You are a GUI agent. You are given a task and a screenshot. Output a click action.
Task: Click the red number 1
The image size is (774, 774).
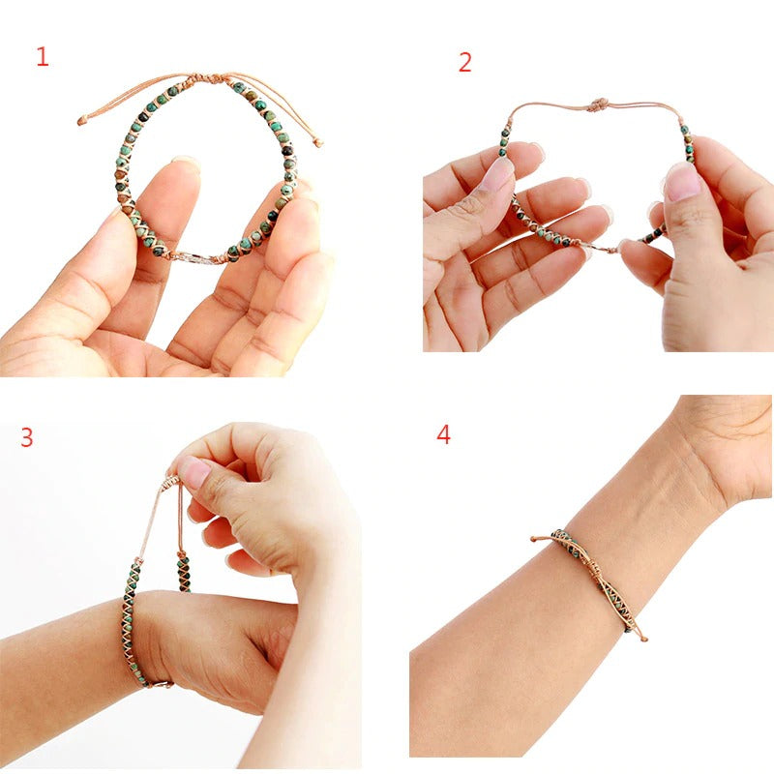click(x=42, y=57)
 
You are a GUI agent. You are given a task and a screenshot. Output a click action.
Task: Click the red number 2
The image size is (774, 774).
click(x=465, y=63)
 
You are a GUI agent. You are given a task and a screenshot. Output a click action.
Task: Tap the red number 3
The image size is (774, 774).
click(x=27, y=437)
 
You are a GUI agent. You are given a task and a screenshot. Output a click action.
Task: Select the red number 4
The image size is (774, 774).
click(x=443, y=434)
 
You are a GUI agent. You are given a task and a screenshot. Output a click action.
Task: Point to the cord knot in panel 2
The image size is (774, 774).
click(x=599, y=104)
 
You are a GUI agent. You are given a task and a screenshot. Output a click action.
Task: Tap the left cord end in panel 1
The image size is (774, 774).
click(x=82, y=121)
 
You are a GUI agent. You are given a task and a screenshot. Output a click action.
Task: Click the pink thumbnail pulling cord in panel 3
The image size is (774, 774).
click(x=194, y=472)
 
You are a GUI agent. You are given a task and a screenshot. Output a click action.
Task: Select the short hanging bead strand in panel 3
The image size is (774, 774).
click(x=183, y=570)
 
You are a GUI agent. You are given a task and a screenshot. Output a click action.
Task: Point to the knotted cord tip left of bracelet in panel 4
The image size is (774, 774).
click(x=535, y=538)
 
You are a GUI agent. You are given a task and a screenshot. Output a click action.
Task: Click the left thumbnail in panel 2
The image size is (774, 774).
click(x=497, y=175)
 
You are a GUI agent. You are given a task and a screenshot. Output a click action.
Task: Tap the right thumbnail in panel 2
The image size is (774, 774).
click(x=681, y=181)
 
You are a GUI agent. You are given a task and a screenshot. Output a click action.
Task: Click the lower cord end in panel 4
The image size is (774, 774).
click(x=642, y=638)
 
